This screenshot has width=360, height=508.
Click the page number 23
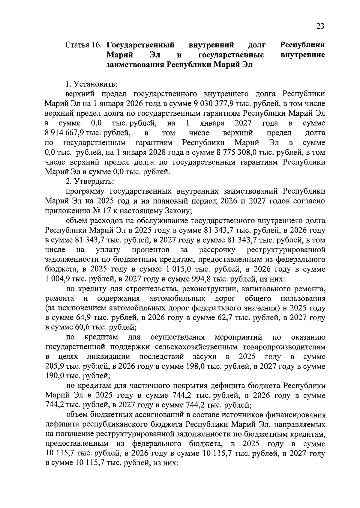tap(320, 26)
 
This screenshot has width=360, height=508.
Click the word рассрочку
tap(217, 250)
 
